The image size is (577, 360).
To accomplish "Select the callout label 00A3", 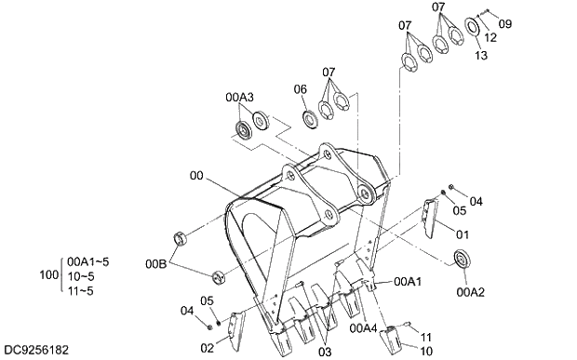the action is coord(239,98).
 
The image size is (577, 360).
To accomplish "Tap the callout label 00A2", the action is coord(471,292).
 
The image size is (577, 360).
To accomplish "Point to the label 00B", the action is coord(156,263).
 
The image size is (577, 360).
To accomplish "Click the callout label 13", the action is coord(480,56).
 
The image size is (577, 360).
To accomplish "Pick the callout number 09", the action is coord(505,24).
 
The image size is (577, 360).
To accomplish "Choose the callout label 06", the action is coord(301,89).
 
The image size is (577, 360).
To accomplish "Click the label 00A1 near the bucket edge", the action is coord(408,282).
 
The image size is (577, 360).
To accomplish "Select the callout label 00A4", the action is coord(364,328).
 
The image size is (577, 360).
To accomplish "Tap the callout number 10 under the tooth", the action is coord(425,352).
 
